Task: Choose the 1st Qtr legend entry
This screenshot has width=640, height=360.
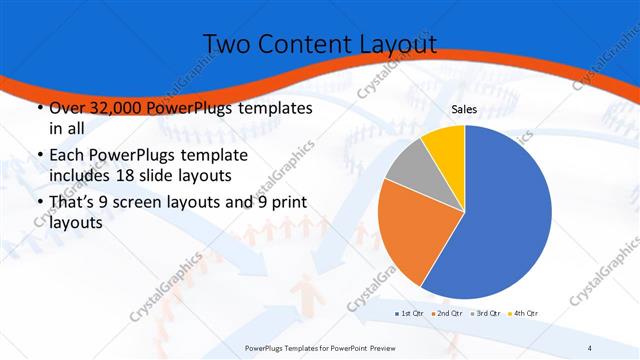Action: point(410,314)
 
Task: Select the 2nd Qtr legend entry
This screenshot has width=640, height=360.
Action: point(448,314)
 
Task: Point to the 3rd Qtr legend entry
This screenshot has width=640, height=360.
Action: point(486,314)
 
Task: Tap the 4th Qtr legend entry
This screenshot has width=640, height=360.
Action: point(524,314)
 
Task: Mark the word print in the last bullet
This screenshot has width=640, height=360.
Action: point(290,203)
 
